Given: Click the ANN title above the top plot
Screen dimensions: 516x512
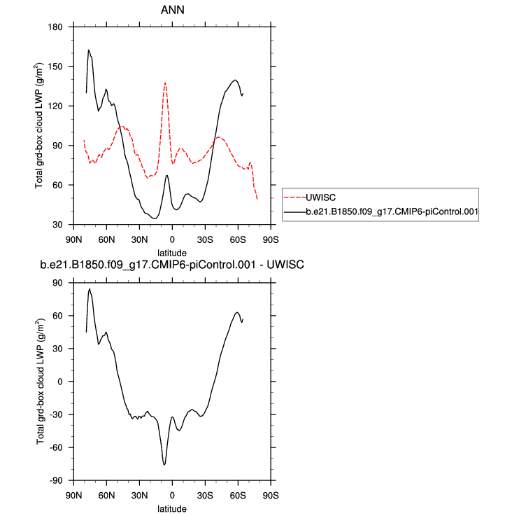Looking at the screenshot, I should click(171, 10).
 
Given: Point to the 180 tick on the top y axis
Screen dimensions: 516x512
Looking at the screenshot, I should click(56, 27).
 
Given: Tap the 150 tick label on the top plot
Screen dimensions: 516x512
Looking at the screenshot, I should click(56, 67).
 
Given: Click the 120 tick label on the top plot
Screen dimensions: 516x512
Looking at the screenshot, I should click(56, 106).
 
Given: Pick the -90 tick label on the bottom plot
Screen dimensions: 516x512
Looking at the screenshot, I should click(56, 480).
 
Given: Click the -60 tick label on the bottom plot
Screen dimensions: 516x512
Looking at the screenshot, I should click(56, 447).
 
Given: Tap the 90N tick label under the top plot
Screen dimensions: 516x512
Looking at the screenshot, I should click(73, 238).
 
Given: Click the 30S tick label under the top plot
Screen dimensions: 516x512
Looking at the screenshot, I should click(205, 238).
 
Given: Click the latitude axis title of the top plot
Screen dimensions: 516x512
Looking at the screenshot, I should click(171, 251).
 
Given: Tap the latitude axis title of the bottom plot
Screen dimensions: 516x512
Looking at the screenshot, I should click(171, 508).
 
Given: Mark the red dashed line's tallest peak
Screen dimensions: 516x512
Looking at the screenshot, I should click(165, 83).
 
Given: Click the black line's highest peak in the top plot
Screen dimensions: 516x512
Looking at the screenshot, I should click(89, 50).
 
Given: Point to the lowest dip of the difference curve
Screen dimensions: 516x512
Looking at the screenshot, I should click(164, 464).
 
